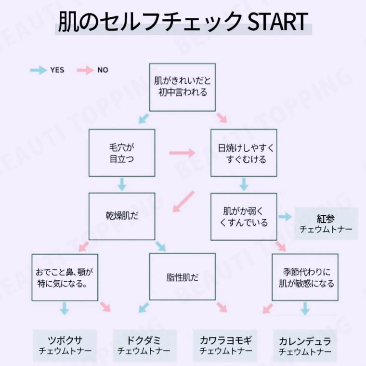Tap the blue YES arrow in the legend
tap(38, 70)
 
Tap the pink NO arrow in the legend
tap(85, 70)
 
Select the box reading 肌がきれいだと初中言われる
tap(182, 87)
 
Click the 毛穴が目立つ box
tap(121, 153)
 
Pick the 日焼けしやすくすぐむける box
tap(244, 153)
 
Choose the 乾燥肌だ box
tap(121, 216)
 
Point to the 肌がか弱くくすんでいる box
tap(244, 216)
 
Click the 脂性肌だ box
tap(182, 277)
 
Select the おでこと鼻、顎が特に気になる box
tap(65, 277)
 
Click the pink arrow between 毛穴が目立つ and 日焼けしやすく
tap(183, 153)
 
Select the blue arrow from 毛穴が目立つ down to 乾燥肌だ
tap(122, 183)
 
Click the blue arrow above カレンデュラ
tap(305, 308)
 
